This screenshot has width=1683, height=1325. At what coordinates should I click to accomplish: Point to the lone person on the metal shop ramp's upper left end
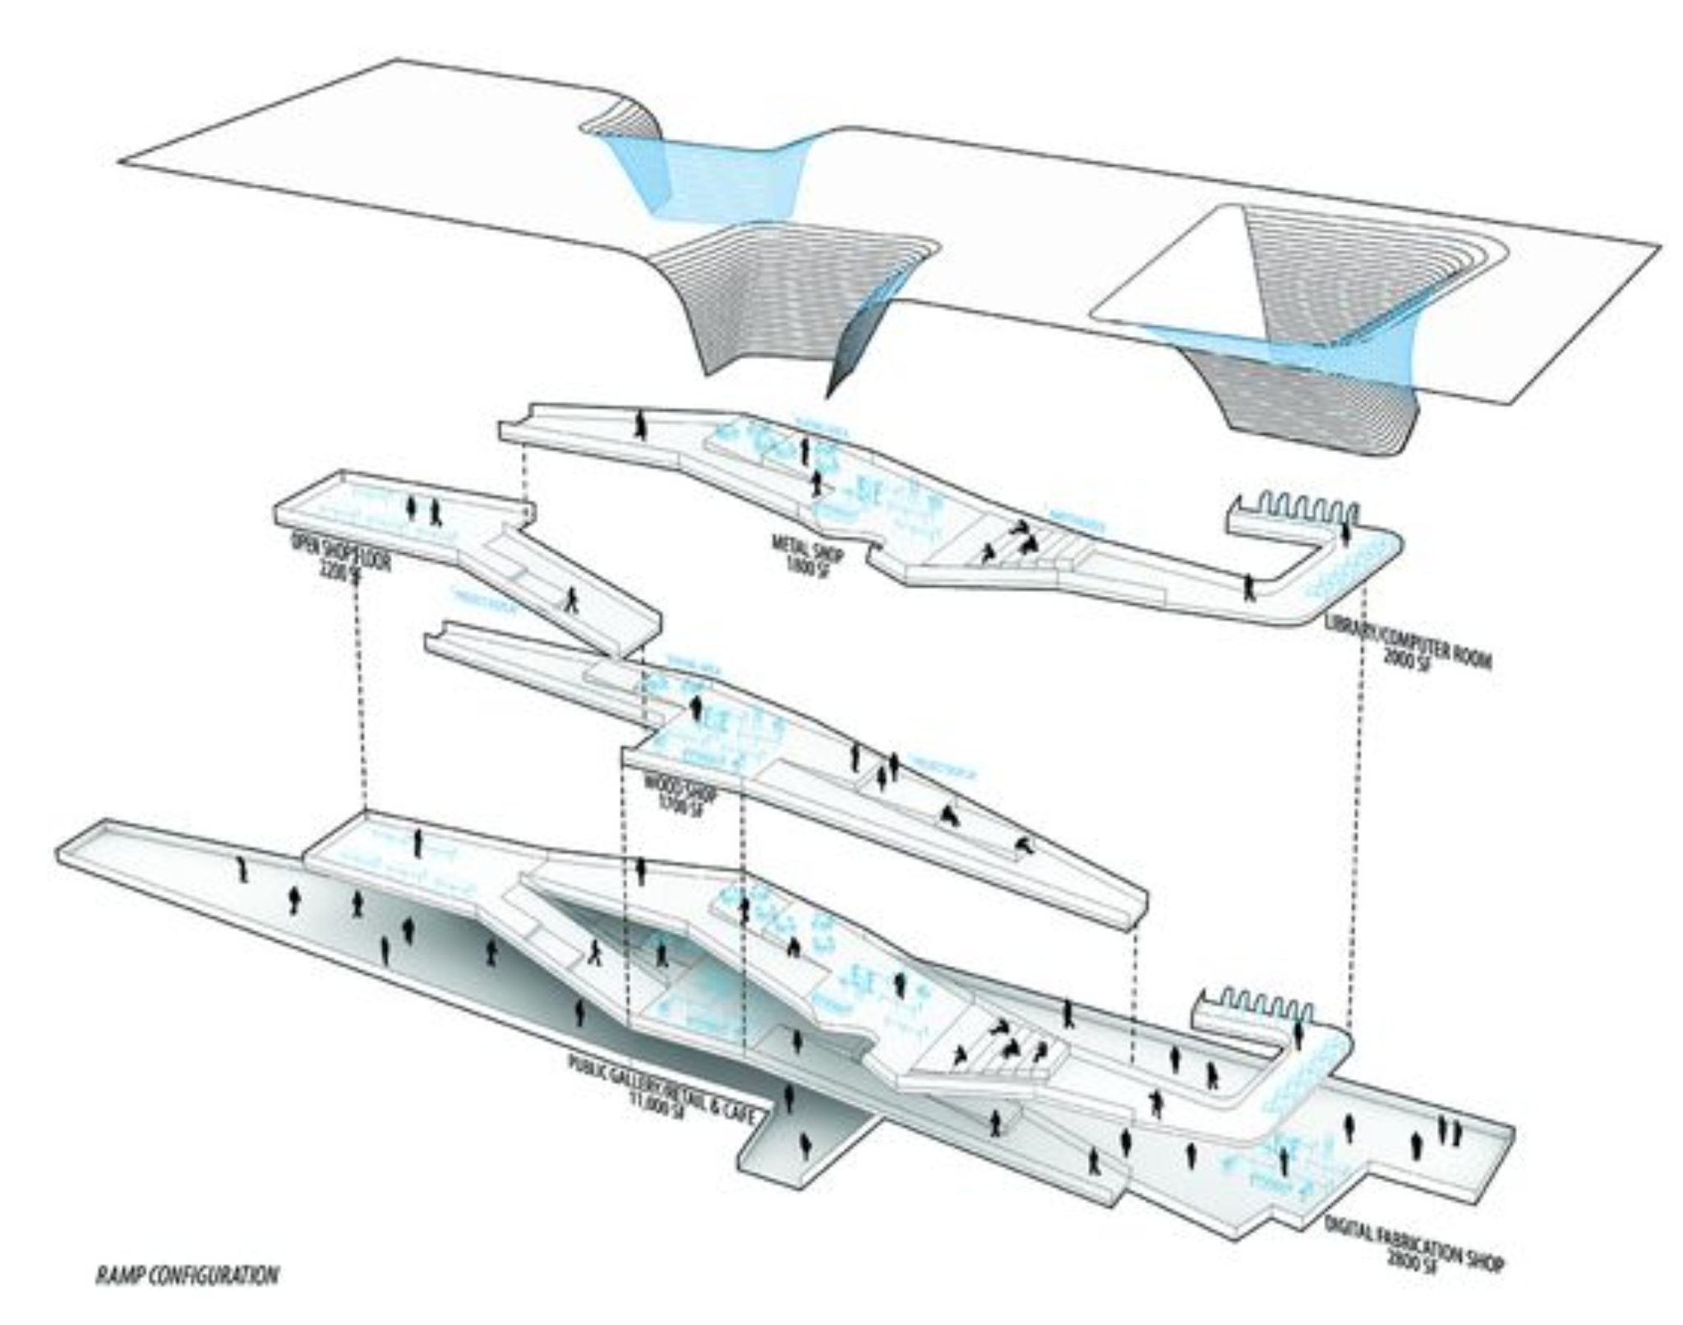[642, 427]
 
